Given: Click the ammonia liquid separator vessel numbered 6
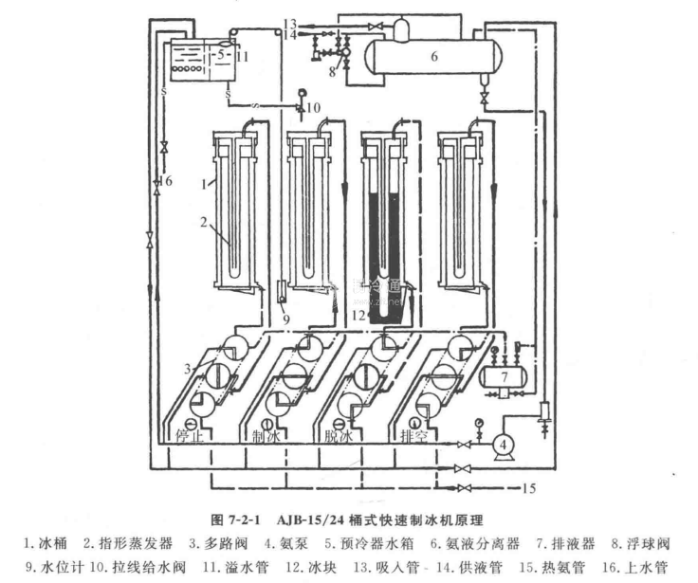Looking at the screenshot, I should (432, 57).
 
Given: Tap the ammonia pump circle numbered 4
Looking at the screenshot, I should (505, 443).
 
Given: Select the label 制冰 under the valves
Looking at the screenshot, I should (266, 437).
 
